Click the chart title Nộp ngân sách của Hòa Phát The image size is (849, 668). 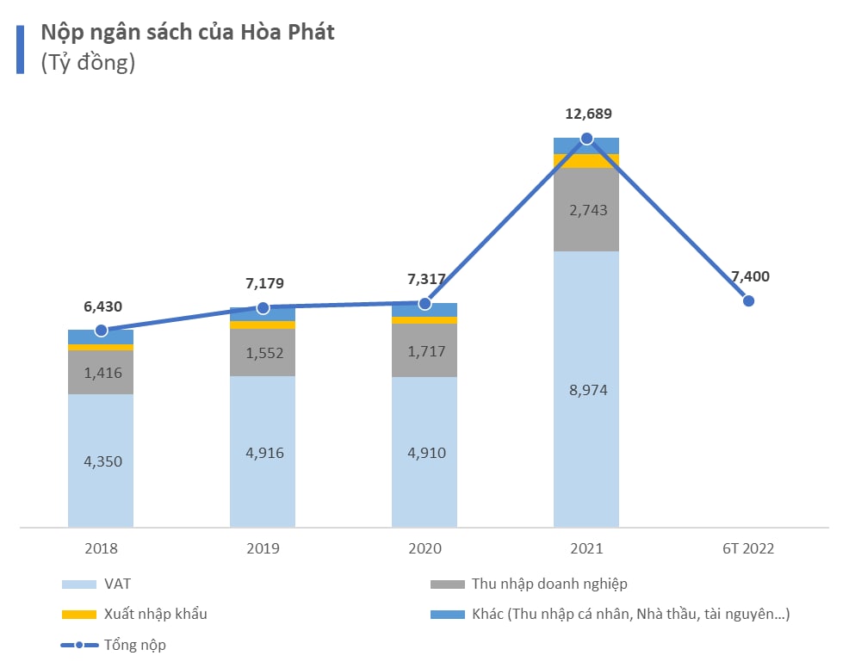188,33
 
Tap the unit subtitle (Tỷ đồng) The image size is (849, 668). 88,63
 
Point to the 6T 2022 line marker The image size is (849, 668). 748,300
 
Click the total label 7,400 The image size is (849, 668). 750,276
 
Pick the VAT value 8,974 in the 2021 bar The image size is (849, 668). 586,390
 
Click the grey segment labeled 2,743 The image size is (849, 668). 586,210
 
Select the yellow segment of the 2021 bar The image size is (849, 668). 586,161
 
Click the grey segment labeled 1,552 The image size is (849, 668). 263,353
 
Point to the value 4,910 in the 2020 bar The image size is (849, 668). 424,452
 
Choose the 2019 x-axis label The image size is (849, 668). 263,548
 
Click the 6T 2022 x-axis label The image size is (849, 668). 747,548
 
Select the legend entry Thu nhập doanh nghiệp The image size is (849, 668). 548,584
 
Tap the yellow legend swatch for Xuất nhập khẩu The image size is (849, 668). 78,615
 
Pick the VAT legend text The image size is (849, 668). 117,584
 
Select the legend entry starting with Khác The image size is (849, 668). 630,615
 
